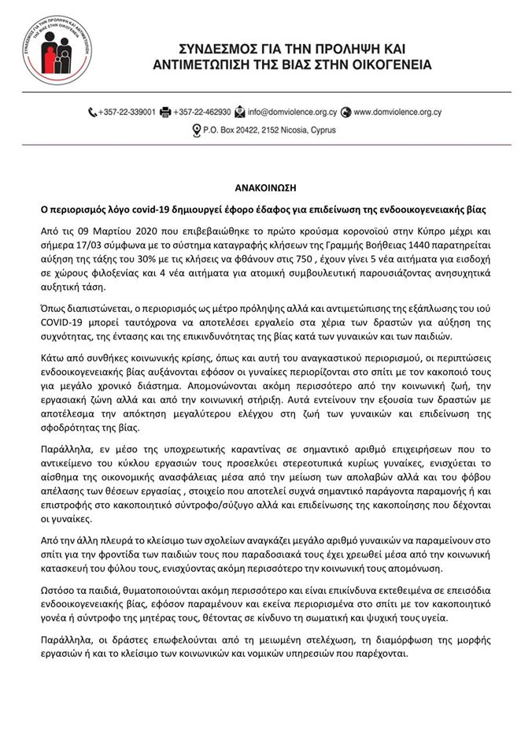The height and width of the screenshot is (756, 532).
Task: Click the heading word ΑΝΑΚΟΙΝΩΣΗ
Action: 266,189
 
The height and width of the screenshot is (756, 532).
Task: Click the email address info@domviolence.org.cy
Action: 292,113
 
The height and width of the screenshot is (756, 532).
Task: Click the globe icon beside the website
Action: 346,113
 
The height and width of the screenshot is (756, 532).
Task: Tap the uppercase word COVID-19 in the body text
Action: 67,322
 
